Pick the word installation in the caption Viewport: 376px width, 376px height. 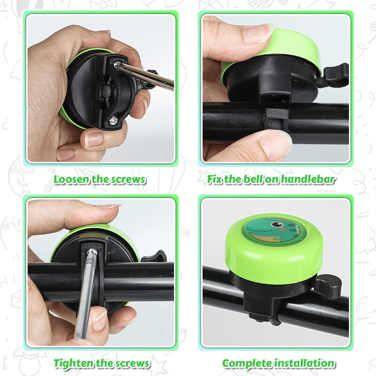tap(304, 363)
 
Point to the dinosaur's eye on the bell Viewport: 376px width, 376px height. tap(276, 224)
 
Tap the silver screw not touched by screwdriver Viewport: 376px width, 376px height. tap(113, 120)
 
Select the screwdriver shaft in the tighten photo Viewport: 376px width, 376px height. tap(86, 295)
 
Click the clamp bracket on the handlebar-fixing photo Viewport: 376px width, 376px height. tap(276, 117)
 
